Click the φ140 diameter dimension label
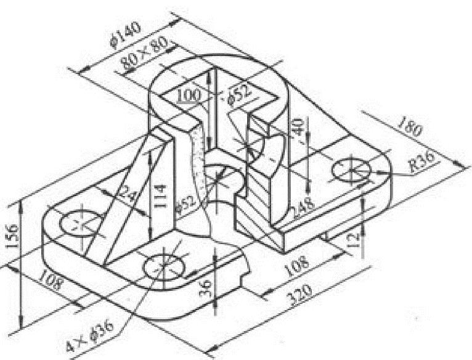coord(125,35)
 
